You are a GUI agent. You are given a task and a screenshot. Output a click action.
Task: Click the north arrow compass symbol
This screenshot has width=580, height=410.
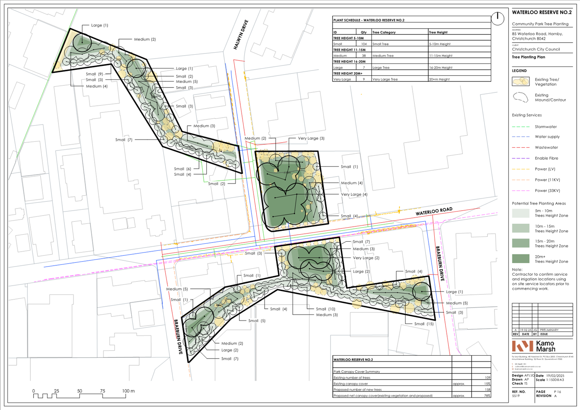pyautogui.click(x=497, y=18)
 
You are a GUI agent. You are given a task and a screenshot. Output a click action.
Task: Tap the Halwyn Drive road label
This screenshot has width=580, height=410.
pyautogui.click(x=241, y=35)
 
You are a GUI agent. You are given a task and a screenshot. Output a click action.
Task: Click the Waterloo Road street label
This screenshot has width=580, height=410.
pyautogui.click(x=434, y=211)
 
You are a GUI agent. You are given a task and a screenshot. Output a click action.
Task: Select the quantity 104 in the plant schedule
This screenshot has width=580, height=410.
pyautogui.click(x=364, y=44)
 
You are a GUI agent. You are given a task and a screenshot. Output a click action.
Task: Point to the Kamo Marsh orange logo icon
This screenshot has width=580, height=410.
pyautogui.click(x=522, y=346)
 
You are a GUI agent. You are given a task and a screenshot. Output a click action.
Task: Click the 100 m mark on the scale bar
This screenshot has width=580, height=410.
pyautogui.click(x=128, y=391)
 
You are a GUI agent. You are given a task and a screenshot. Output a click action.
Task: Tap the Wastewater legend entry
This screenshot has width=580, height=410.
pyautogui.click(x=546, y=148)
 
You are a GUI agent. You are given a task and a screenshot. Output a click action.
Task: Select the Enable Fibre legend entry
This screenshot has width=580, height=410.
pyautogui.click(x=546, y=158)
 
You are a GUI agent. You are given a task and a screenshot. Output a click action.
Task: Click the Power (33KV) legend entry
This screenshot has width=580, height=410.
pyautogui.click(x=547, y=191)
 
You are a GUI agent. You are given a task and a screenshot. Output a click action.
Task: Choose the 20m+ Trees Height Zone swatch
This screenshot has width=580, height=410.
pyautogui.click(x=521, y=259)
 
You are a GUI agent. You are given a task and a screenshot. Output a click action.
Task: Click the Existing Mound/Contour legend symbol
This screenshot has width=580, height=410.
pyautogui.click(x=521, y=97)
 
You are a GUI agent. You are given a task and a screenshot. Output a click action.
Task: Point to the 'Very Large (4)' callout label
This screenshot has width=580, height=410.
pyautogui.click(x=354, y=194)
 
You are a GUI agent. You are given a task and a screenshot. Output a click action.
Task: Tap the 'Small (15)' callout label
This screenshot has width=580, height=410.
pyautogui.click(x=423, y=324)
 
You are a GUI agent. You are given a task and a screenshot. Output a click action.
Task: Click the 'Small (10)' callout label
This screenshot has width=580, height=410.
pyautogui.click(x=325, y=309)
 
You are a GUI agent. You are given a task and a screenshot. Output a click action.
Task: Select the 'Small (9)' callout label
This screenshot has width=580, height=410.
pyautogui.click(x=94, y=74)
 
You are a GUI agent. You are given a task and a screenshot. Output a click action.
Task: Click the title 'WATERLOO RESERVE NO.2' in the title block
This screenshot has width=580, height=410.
pyautogui.click(x=541, y=12)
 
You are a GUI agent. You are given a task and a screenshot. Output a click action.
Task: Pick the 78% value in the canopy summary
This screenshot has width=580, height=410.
pyautogui.click(x=487, y=395)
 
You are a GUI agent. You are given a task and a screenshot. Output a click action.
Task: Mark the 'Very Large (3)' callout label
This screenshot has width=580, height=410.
pyautogui.click(x=311, y=138)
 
